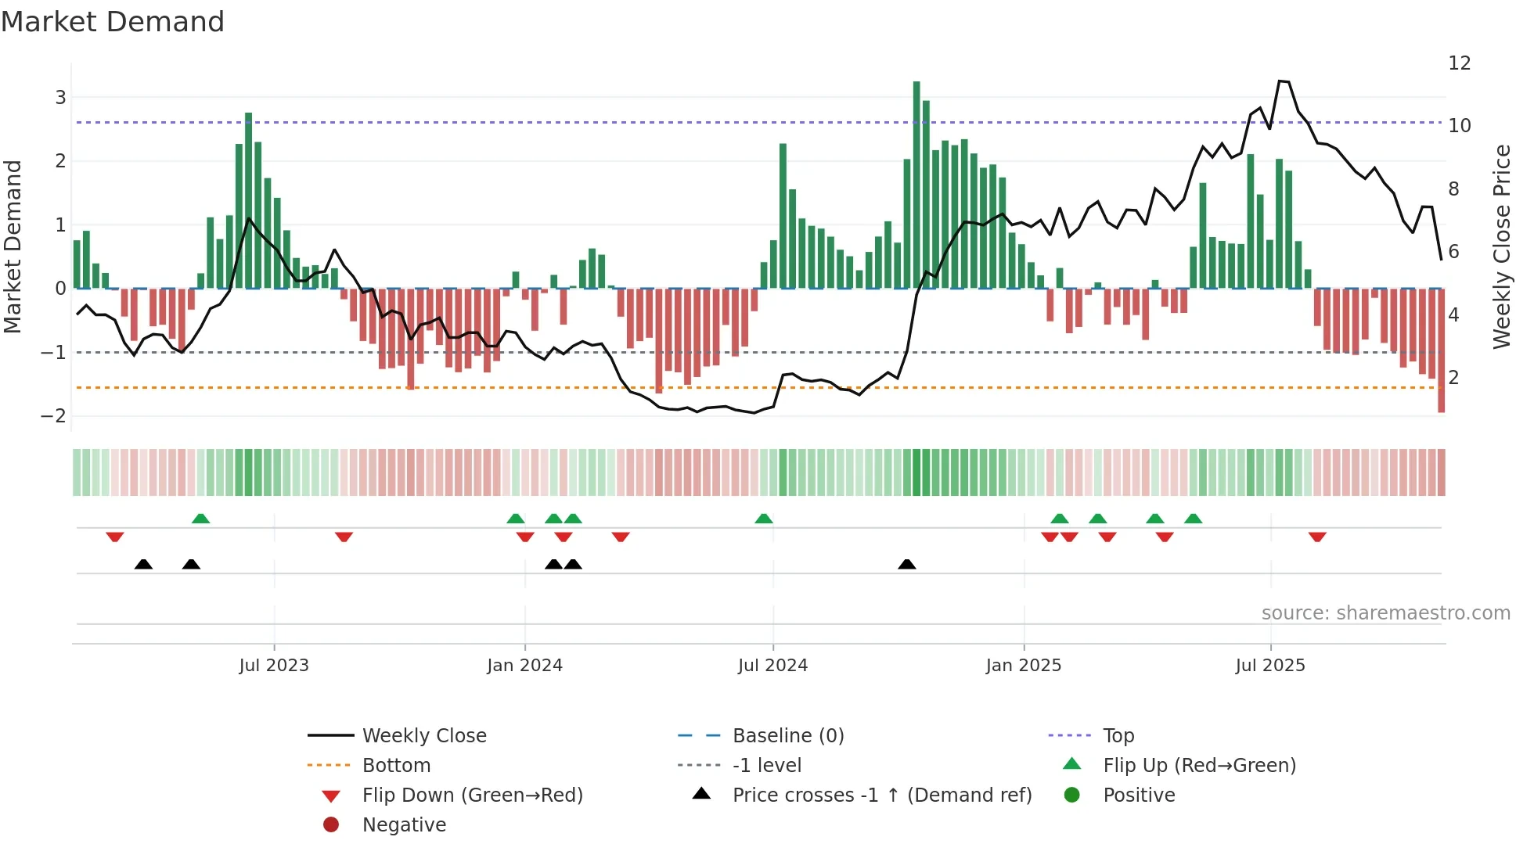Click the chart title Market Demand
tap(113, 22)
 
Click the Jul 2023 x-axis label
tap(274, 666)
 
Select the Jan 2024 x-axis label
tap(524, 666)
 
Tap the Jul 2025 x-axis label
tap(1270, 666)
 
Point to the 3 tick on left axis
tap(60, 98)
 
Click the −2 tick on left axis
tap(54, 416)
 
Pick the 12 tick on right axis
tap(1459, 63)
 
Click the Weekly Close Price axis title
tap(1501, 246)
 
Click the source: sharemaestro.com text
tap(1385, 613)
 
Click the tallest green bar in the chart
tap(916, 185)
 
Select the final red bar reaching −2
tap(1441, 350)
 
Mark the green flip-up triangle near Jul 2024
tap(764, 519)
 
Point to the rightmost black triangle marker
tap(907, 565)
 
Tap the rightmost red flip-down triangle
tap(1317, 537)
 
